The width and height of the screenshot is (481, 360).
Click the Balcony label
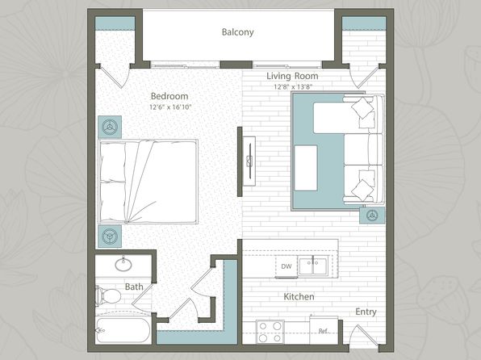pyautogui.click(x=238, y=32)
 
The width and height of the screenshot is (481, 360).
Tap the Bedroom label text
pyautogui.click(x=169, y=96)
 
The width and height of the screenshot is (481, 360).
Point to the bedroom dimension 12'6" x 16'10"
pyautogui.click(x=170, y=107)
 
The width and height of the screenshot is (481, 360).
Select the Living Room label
pyautogui.click(x=292, y=76)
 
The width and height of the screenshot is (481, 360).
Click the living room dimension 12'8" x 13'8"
pyautogui.click(x=293, y=87)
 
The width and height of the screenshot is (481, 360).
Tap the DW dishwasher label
pyautogui.click(x=287, y=266)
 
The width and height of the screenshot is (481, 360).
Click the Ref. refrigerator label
pyautogui.click(x=322, y=331)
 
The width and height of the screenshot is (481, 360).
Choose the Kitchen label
pyautogui.click(x=299, y=297)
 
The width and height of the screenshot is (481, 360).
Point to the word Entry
pyautogui.click(x=366, y=312)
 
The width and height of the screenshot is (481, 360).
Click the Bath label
pyautogui.click(x=134, y=287)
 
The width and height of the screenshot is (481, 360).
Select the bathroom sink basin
pyautogui.click(x=123, y=264)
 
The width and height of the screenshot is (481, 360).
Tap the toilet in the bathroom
pyautogui.click(x=108, y=296)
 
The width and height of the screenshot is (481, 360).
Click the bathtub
pyautogui.click(x=123, y=330)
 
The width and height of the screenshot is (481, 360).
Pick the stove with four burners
pyautogui.click(x=270, y=332)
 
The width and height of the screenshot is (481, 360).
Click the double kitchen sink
pyautogui.click(x=313, y=266)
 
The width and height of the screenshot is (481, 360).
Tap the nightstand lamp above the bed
pyautogui.click(x=110, y=127)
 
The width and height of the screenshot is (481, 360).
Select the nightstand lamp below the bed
pyautogui.click(x=110, y=237)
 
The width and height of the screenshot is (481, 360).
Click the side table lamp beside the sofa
pyautogui.click(x=372, y=215)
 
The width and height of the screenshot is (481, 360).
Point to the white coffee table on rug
pyautogui.click(x=306, y=168)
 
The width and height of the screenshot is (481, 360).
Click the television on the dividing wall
pyautogui.click(x=249, y=161)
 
